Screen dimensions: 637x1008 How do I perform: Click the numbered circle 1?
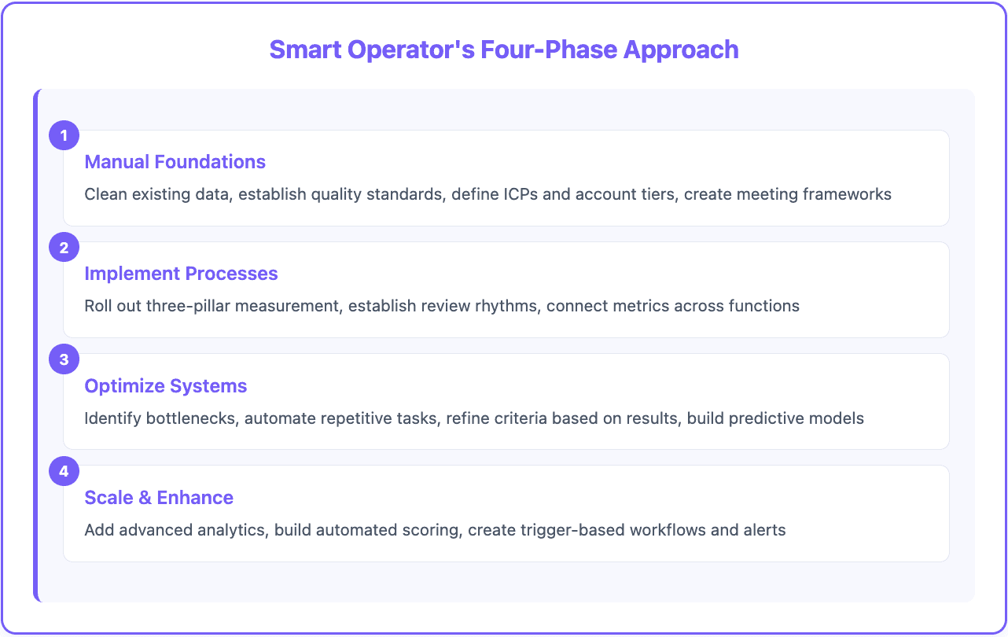click(x=64, y=136)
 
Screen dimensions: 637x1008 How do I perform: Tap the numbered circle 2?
click(x=64, y=248)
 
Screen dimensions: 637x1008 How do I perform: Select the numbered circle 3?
click(x=64, y=359)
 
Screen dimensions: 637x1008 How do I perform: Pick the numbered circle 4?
click(x=64, y=471)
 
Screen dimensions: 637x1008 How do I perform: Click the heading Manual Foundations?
click(x=175, y=162)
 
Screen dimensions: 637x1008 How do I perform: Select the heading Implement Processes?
click(x=181, y=274)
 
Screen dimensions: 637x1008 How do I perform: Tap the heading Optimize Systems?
click(x=166, y=386)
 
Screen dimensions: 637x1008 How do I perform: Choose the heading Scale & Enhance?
click(x=159, y=498)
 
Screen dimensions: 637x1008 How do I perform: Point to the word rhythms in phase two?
click(x=506, y=306)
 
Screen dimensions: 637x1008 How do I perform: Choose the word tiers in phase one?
click(x=658, y=193)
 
